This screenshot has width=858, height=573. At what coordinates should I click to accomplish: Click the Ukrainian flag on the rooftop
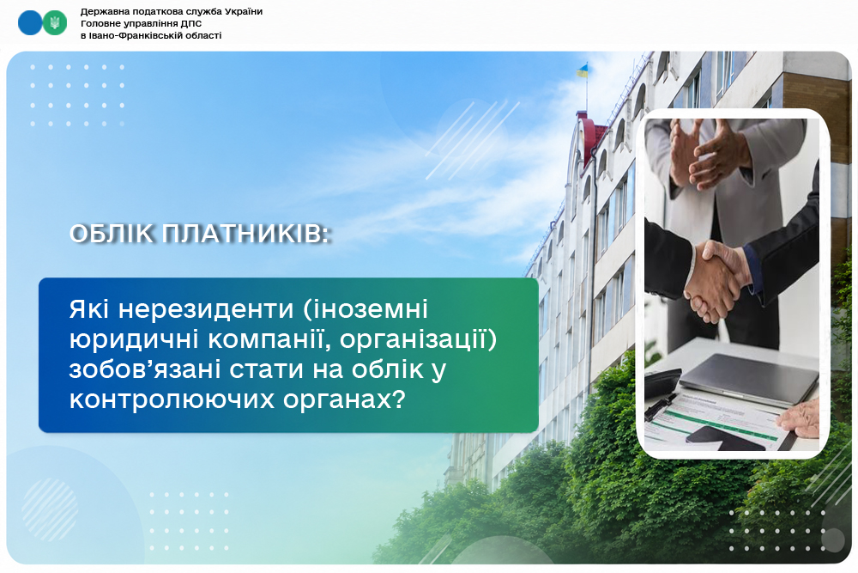[583, 70]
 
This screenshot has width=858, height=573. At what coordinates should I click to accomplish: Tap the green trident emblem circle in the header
[55, 23]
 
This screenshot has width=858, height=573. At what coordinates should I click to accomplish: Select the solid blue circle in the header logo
[30, 23]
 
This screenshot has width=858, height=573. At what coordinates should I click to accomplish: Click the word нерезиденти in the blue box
[206, 309]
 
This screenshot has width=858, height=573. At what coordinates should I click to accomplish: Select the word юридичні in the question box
[134, 339]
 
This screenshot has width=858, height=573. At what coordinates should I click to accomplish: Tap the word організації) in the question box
[418, 339]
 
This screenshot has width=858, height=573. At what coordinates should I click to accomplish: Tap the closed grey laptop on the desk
[748, 377]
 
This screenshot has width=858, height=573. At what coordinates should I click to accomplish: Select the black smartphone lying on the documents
[725, 439]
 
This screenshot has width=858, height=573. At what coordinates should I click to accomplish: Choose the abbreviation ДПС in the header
[191, 23]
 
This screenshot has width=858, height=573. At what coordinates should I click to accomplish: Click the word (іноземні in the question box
[365, 309]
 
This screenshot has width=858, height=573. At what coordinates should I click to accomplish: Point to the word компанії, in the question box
[269, 339]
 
